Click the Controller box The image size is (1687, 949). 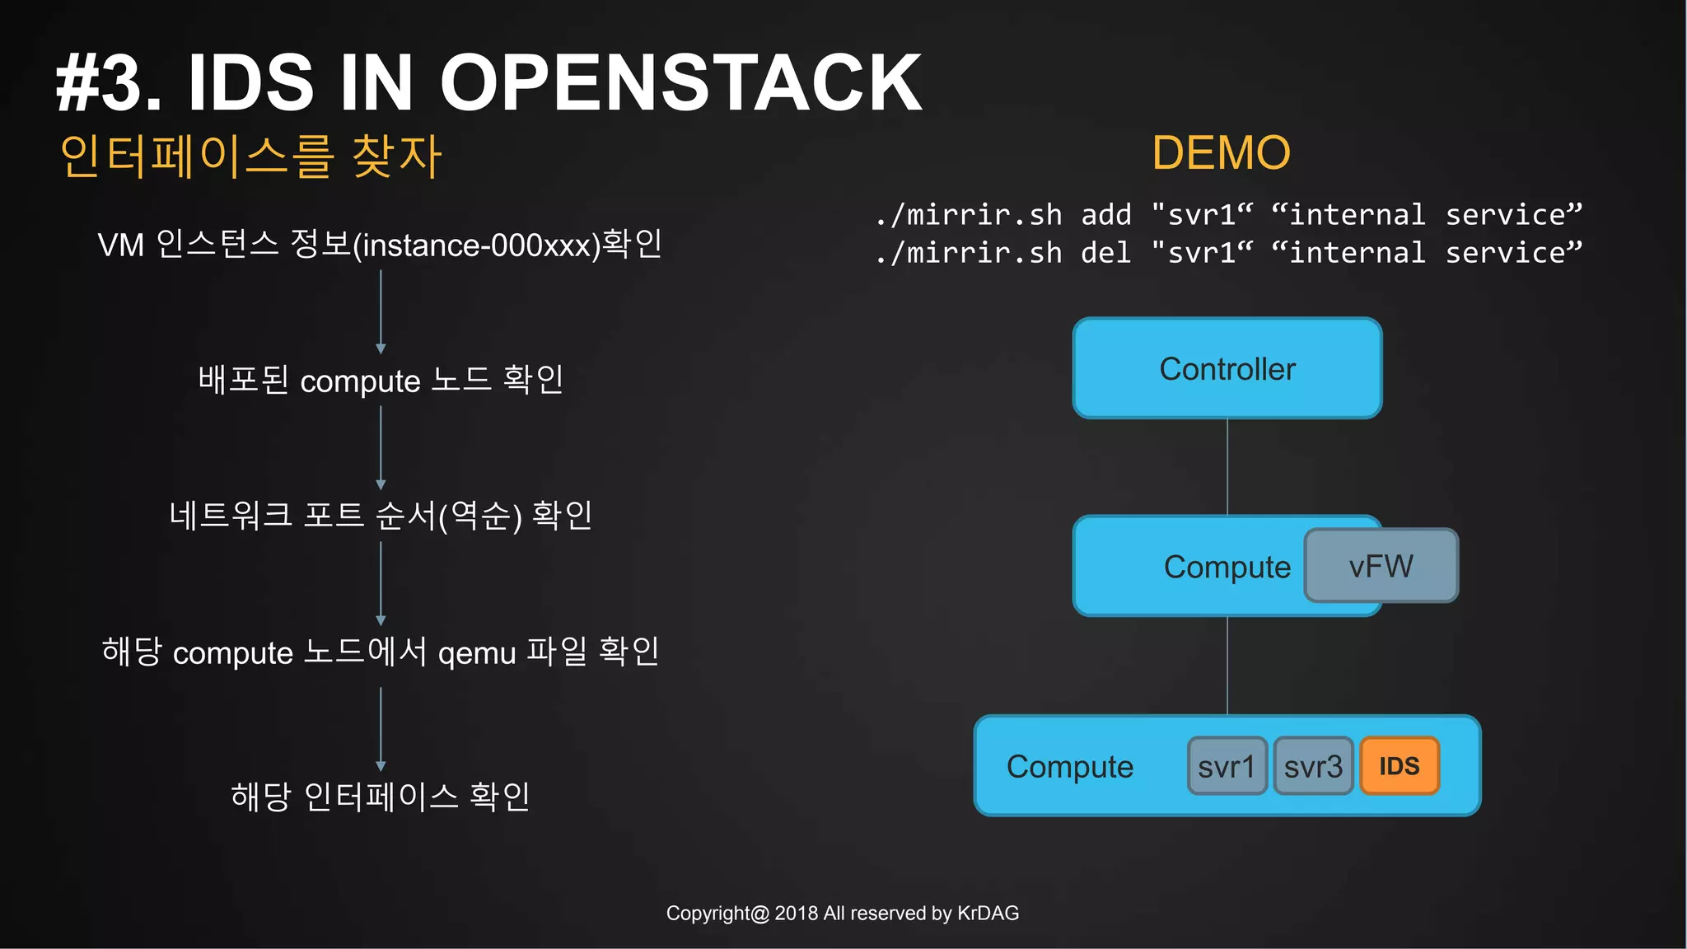pyautogui.click(x=1227, y=368)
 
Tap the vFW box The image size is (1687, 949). pyautogui.click(x=1381, y=566)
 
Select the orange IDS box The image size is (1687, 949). pyautogui.click(x=1399, y=766)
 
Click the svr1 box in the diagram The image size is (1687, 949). pyautogui.click(x=1227, y=766)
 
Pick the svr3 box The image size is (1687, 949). pyautogui.click(x=1313, y=766)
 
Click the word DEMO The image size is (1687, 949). pyautogui.click(x=1221, y=153)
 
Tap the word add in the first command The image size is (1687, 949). pyautogui.click(x=1106, y=215)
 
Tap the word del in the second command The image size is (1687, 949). pyautogui.click(x=1106, y=253)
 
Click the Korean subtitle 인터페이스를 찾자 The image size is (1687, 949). pyautogui.click(x=251, y=157)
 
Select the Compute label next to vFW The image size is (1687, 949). pyautogui.click(x=1227, y=567)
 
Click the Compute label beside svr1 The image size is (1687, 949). pyautogui.click(x=1069, y=767)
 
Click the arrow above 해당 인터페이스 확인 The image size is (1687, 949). pyautogui.click(x=381, y=728)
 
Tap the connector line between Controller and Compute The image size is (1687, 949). pyautogui.click(x=1227, y=466)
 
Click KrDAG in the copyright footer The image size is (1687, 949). pyautogui.click(x=988, y=913)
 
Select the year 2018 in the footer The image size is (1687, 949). pyautogui.click(x=796, y=913)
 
